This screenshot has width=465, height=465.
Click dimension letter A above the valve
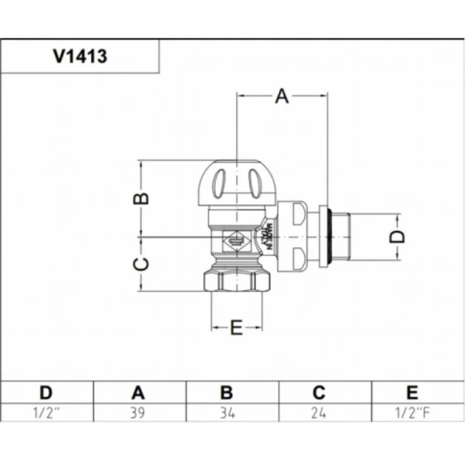[x=282, y=96]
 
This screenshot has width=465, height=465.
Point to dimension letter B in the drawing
[x=142, y=198]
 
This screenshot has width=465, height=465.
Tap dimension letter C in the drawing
[x=142, y=264]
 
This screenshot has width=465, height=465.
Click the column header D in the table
[x=46, y=392]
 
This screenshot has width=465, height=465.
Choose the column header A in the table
[x=138, y=392]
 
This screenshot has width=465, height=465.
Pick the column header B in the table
[x=227, y=392]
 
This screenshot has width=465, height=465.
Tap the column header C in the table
[x=319, y=392]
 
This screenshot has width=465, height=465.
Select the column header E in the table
[x=412, y=392]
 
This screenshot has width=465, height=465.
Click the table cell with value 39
[x=138, y=413]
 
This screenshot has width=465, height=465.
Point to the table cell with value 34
[x=227, y=413]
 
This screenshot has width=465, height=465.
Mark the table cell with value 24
[x=319, y=413]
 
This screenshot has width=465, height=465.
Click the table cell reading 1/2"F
[x=412, y=413]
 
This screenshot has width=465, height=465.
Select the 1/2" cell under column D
[x=46, y=413]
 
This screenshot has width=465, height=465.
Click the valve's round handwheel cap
[x=237, y=183]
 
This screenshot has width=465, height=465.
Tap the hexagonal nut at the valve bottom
[x=237, y=282]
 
